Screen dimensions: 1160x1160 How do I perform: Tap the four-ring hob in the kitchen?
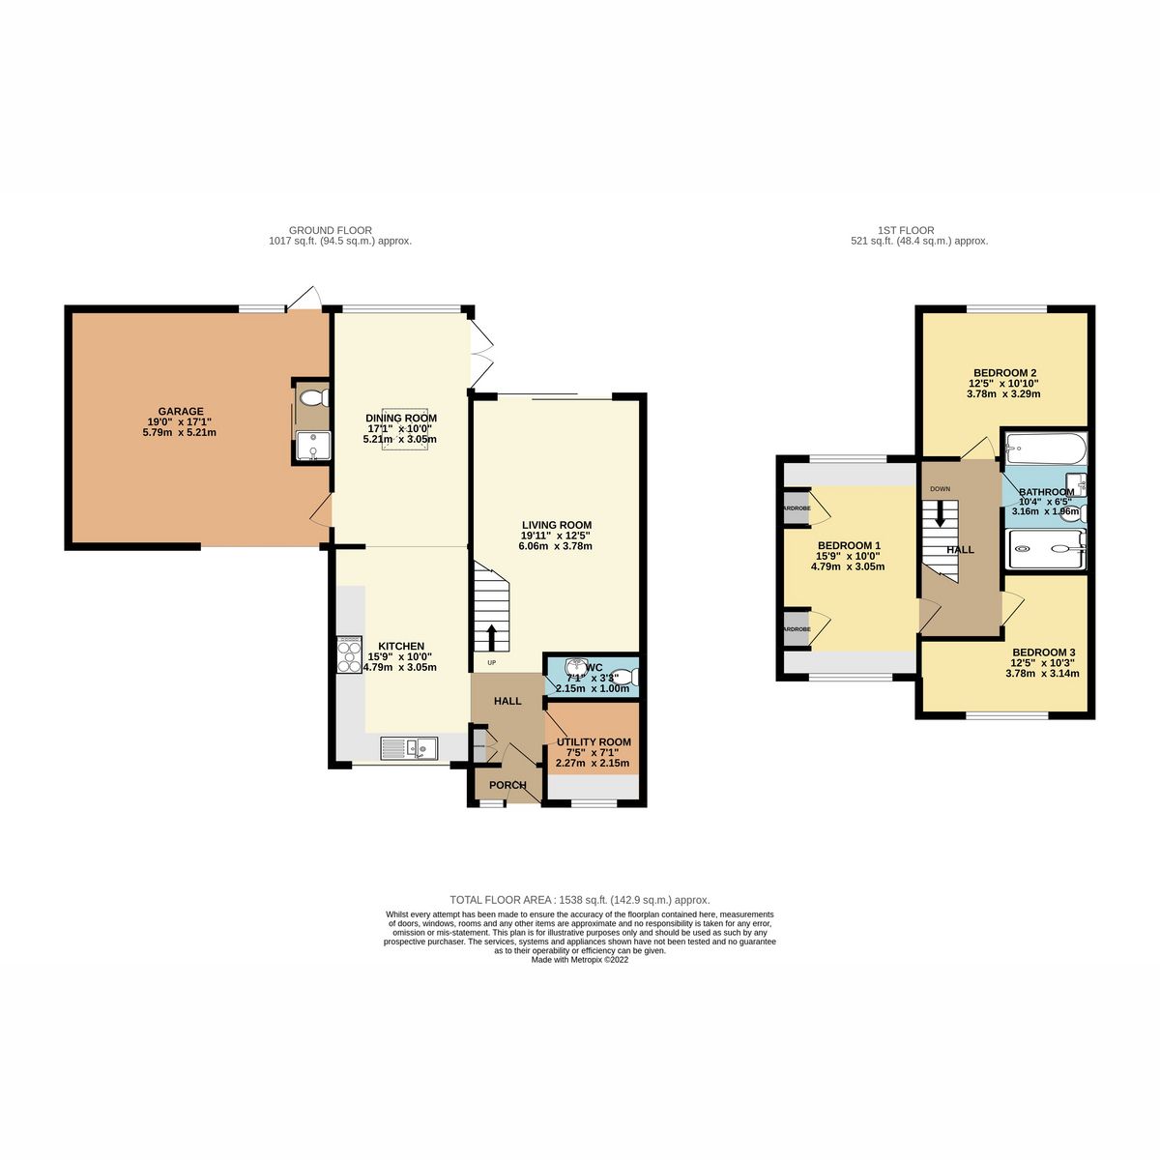[x=348, y=654]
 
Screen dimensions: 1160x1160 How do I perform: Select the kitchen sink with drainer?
[x=409, y=746]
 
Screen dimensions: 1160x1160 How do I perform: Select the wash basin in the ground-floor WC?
[x=569, y=666]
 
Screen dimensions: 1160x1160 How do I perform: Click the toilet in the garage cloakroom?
[x=312, y=397]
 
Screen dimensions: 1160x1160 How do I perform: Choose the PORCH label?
[x=507, y=785]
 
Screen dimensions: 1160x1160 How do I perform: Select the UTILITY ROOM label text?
[x=594, y=742]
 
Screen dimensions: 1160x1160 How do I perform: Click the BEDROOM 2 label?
[x=1005, y=373]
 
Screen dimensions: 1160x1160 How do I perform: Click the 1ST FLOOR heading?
[x=906, y=230]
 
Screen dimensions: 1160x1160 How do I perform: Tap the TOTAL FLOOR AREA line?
[x=580, y=899]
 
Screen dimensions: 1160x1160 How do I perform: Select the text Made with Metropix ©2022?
[x=580, y=960]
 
